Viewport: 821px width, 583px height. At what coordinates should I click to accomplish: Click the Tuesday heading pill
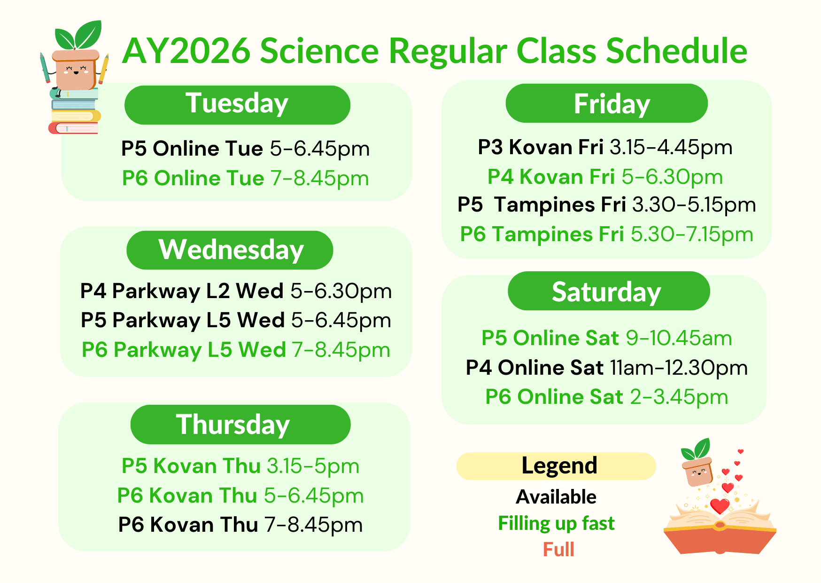click(237, 105)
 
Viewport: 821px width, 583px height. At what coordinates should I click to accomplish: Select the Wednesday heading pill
click(230, 250)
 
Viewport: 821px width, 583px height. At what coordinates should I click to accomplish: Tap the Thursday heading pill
click(240, 425)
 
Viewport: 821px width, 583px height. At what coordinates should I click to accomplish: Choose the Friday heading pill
click(606, 103)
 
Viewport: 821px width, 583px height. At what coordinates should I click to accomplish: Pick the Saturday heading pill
click(609, 291)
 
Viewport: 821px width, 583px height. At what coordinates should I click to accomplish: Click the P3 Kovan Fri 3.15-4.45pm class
click(605, 148)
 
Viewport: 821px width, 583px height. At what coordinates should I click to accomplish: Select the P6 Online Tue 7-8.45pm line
click(245, 179)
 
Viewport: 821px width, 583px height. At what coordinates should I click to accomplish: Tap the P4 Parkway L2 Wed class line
click(236, 291)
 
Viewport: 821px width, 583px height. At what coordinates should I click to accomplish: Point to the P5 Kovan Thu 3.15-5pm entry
click(240, 466)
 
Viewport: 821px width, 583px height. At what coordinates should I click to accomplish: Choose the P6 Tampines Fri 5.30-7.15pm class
click(606, 234)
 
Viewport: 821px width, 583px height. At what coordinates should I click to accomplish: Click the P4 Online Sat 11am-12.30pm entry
click(606, 368)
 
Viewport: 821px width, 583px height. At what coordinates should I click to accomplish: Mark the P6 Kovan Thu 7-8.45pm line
click(240, 525)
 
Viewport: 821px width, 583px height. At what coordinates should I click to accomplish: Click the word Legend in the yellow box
click(559, 466)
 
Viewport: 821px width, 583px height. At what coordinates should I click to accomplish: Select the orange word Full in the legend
click(558, 550)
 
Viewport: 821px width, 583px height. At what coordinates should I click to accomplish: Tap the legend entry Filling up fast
click(556, 523)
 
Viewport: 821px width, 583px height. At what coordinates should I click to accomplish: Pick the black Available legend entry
click(556, 497)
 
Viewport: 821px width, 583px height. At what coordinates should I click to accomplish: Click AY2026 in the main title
click(186, 51)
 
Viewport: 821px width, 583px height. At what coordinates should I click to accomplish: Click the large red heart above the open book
click(720, 506)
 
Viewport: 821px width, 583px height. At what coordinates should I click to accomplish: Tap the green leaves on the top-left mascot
click(78, 35)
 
